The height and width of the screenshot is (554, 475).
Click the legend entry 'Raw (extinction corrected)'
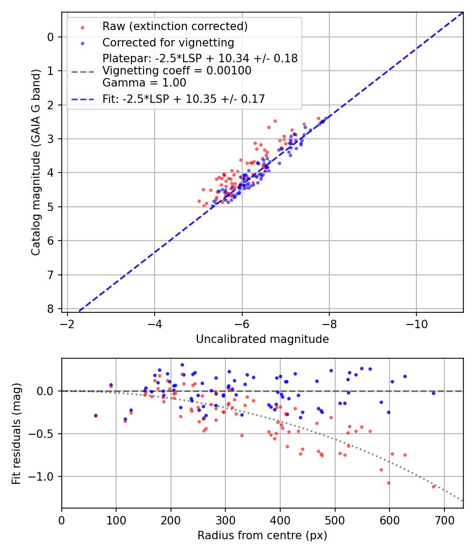point(175,26)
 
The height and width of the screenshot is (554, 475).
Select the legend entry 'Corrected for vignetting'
point(168,42)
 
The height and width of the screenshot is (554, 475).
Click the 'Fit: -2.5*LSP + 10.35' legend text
point(184,99)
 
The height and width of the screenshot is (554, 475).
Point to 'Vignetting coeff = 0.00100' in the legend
point(177,70)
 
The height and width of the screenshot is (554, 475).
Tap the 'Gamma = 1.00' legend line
point(145,82)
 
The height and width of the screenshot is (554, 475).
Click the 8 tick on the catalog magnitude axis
point(51,309)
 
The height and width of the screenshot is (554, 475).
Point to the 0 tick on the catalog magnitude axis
point(51,37)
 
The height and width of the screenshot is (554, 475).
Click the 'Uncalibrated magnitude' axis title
point(262,339)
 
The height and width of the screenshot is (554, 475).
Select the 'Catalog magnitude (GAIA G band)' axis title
point(36,173)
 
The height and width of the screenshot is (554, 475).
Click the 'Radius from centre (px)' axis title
point(262,536)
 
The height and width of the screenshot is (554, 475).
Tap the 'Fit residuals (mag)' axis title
point(16,433)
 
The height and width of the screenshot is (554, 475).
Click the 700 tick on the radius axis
point(444,520)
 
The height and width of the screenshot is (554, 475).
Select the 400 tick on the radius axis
point(280,520)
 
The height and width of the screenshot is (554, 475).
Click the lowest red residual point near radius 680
point(433,486)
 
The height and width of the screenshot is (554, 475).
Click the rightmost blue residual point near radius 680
point(433,393)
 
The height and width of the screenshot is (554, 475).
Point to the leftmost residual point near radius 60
point(96,416)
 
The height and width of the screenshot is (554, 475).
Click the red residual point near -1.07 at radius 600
point(388,483)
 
